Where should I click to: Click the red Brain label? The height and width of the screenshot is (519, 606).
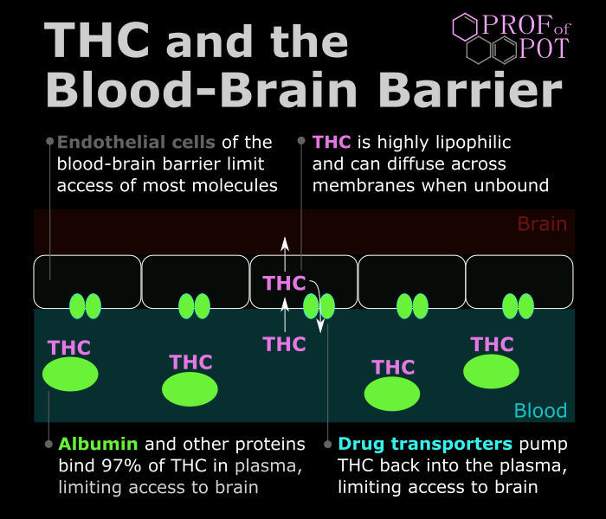[x=542, y=224]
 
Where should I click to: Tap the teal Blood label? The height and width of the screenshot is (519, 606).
[x=540, y=411]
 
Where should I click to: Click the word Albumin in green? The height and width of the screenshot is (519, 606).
[x=98, y=444]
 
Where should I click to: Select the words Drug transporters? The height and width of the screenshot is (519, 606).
[x=425, y=444]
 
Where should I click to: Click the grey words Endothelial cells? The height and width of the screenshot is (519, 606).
[x=136, y=142]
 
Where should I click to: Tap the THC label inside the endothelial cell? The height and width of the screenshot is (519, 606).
[x=284, y=283]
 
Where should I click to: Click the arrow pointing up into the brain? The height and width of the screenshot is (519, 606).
[x=285, y=253]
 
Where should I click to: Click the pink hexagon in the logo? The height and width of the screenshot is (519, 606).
[x=466, y=27]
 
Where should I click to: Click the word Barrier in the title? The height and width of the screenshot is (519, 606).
[x=470, y=90]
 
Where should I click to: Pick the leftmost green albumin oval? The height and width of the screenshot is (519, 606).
[x=70, y=374]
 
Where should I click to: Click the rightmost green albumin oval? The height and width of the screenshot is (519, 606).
[x=491, y=371]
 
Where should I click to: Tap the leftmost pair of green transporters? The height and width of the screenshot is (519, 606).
[x=85, y=306]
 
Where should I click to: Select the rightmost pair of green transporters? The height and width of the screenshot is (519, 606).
[x=518, y=306]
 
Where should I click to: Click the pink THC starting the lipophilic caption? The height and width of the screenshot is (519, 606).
[x=332, y=142]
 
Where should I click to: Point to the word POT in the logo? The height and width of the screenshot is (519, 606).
[x=545, y=48]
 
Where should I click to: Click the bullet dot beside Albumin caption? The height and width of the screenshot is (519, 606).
[x=48, y=444]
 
